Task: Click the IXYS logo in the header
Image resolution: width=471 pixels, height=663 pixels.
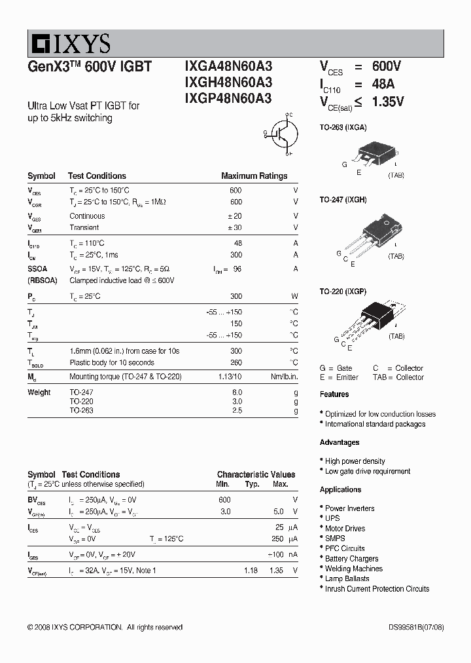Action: pos(69,44)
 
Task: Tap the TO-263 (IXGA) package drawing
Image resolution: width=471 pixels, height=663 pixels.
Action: pos(372,153)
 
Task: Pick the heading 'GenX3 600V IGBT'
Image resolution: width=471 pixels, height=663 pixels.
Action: pos(90,67)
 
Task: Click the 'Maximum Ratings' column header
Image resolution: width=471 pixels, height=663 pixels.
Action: pos(254,176)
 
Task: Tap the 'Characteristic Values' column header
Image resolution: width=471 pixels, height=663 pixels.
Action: pos(256,474)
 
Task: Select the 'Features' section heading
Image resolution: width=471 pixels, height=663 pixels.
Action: pos(334,394)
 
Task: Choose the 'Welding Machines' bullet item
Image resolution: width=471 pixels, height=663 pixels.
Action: pos(353,569)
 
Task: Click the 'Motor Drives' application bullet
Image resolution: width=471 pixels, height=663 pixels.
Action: pos(345,529)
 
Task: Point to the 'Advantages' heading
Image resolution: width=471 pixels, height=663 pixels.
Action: pos(340,443)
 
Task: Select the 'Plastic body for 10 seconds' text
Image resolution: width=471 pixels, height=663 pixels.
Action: pos(112,363)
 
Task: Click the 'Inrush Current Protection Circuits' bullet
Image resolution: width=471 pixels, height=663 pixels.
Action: pos(377,589)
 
